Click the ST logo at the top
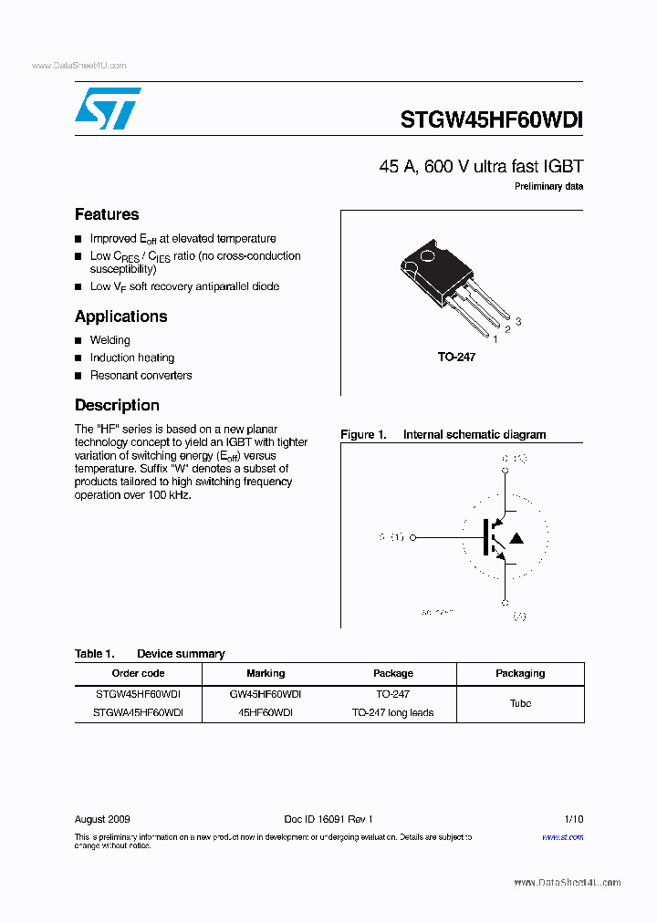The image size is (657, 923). [x=108, y=109]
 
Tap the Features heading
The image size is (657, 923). [x=107, y=214]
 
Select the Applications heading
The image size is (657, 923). [x=120, y=316]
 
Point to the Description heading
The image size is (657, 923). [x=117, y=405]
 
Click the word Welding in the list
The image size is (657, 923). [x=110, y=340]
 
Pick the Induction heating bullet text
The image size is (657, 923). [x=132, y=358]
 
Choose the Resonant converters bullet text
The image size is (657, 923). [x=141, y=375]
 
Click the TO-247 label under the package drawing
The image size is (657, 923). [x=456, y=358]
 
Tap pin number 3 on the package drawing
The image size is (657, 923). [x=518, y=321]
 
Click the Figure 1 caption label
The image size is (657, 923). [x=364, y=435]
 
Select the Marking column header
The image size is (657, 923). [x=266, y=673]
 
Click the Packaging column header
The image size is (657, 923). [x=520, y=673]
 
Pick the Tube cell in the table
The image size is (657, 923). [x=520, y=703]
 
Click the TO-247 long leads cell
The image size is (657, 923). [x=392, y=712]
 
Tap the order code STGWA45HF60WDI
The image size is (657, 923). [x=138, y=712]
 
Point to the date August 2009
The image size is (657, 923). [x=102, y=819]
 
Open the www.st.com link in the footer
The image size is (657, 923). [x=562, y=836]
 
